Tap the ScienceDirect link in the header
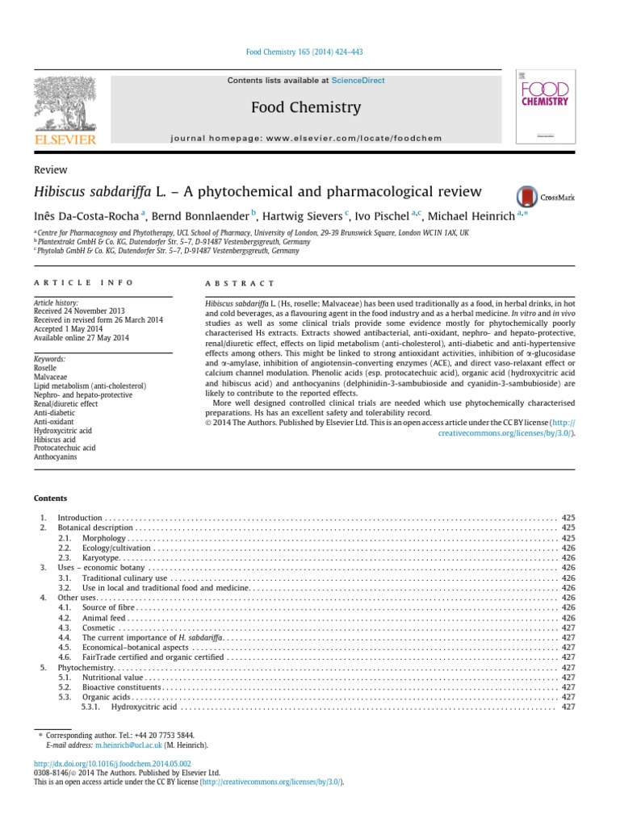pos(358,81)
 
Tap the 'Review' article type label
pos(50,170)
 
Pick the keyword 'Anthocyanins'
pos(54,457)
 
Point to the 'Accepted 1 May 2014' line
pos(69,329)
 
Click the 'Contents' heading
pos(50,499)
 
